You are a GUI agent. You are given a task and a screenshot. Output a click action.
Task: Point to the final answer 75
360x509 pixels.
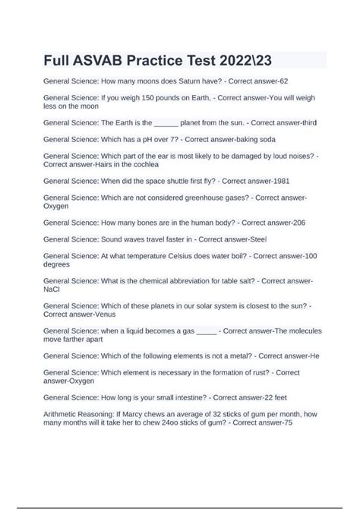coord(283,423)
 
